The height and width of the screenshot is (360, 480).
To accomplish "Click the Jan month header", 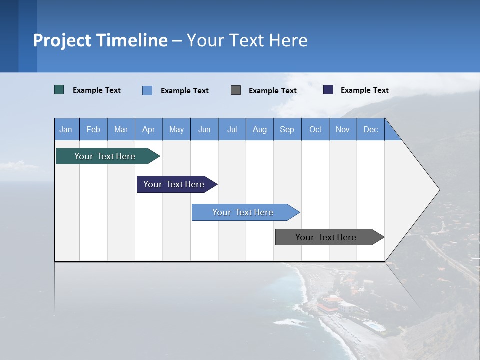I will (66, 129).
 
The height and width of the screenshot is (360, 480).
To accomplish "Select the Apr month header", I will (149, 129).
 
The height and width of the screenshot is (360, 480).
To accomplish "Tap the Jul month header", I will (232, 129).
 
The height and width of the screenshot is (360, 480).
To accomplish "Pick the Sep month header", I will (287, 129).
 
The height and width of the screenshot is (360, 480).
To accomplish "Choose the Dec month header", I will (370, 129).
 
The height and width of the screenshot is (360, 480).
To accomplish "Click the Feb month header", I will (93, 129).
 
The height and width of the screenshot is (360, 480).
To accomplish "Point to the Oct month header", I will (315, 129).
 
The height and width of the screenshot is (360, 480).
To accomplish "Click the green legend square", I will (59, 90).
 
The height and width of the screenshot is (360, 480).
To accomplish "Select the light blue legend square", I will (147, 90).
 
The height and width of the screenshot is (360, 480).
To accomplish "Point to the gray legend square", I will (236, 90).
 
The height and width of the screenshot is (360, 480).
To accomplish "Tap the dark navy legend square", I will (328, 90).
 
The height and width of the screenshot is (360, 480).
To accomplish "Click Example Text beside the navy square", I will (364, 90).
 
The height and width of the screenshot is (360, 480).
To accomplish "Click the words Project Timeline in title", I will (100, 40).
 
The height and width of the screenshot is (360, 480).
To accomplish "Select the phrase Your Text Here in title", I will (247, 40).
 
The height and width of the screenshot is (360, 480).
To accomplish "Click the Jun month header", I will (204, 129).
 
